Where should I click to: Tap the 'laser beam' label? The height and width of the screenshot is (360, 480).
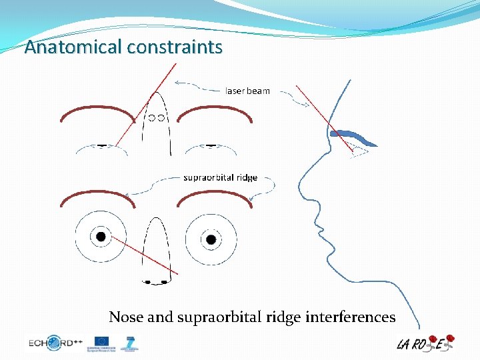coord(247,91)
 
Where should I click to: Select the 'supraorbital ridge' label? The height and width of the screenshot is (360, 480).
coord(220,177)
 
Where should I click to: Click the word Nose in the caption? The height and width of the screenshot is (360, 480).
coord(126,317)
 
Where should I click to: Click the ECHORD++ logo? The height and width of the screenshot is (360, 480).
coord(55,343)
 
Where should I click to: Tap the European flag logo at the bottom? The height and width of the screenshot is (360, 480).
coord(102,341)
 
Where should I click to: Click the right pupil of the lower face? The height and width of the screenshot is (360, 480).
coord(211,239)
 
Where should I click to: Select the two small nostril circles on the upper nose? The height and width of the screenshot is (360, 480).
coord(157,118)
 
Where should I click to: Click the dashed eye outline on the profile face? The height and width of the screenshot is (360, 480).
coord(359,151)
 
